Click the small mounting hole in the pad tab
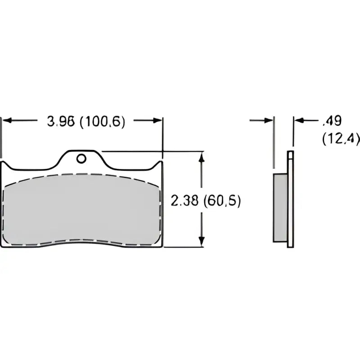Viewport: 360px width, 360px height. [x=81, y=159]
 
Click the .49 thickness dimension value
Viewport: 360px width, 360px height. [x=332, y=121]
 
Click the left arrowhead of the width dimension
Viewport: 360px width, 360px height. [x=7, y=120]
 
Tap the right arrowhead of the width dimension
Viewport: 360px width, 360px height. [x=157, y=120]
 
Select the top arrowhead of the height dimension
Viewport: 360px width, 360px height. [x=201, y=157]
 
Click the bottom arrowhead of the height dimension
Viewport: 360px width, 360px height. [x=201, y=242]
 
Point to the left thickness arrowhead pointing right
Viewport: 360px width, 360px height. [x=268, y=120]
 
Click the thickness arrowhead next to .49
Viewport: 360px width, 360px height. [x=299, y=120]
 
